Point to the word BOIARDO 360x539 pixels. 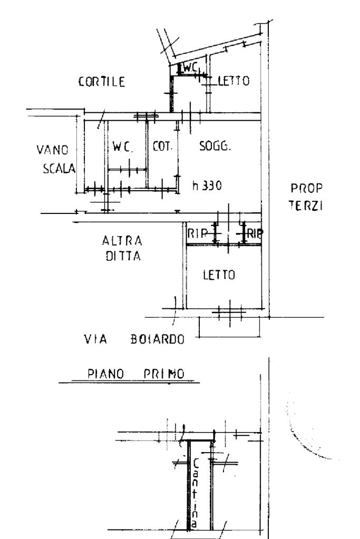tap(157, 340)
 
